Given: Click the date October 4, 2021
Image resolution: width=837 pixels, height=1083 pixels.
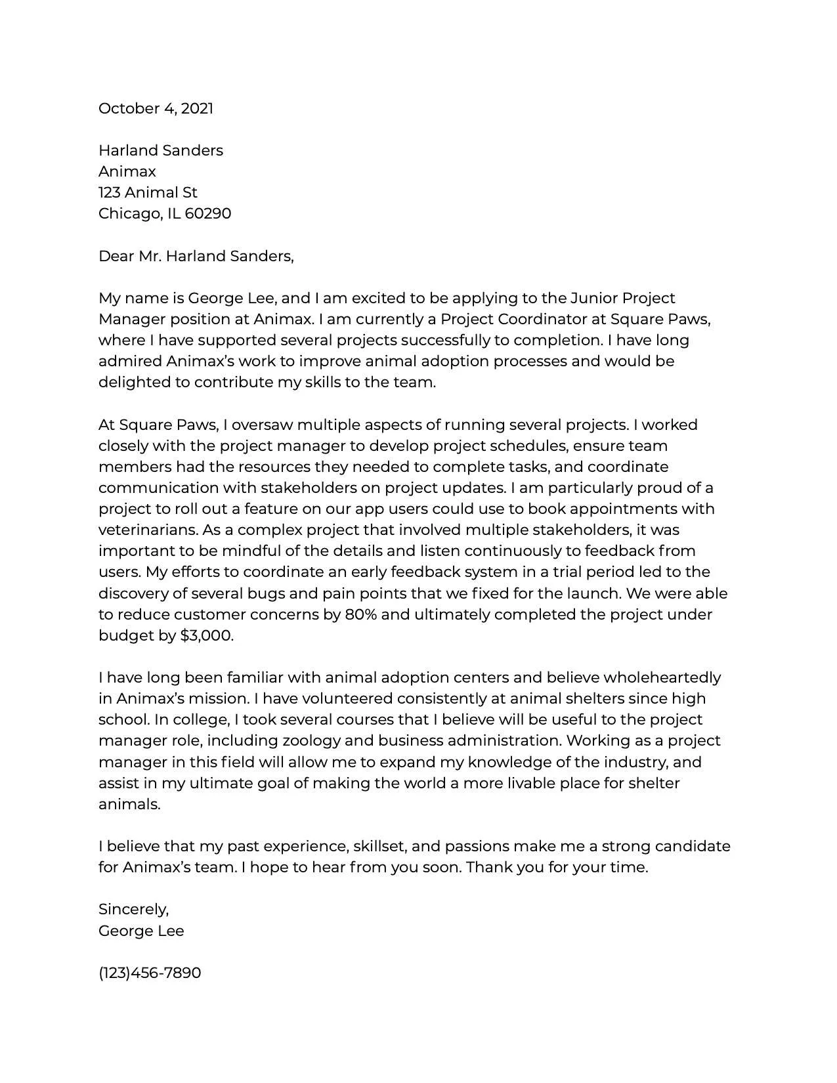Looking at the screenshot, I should coord(156,108).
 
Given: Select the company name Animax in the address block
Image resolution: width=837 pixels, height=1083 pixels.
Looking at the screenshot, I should coord(127,171).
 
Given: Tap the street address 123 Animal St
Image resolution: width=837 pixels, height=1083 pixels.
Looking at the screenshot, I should coord(148,192).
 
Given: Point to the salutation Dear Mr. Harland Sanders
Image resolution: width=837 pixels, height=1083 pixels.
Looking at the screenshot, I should coord(196,256).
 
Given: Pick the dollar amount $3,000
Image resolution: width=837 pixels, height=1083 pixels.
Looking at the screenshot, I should coord(206,635).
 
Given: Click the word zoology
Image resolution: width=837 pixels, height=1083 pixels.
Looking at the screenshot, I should coord(311,740).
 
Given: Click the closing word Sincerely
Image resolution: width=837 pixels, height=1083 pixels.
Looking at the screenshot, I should coord(133,909).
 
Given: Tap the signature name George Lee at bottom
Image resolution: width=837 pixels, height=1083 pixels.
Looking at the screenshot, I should coord(141,931).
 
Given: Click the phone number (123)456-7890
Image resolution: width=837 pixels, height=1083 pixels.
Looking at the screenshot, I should coord(150,973).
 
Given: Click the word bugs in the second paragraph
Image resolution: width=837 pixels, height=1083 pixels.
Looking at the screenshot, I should coord(266,593).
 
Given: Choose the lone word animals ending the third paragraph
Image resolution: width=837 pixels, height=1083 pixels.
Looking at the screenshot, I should coord(129,804).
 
